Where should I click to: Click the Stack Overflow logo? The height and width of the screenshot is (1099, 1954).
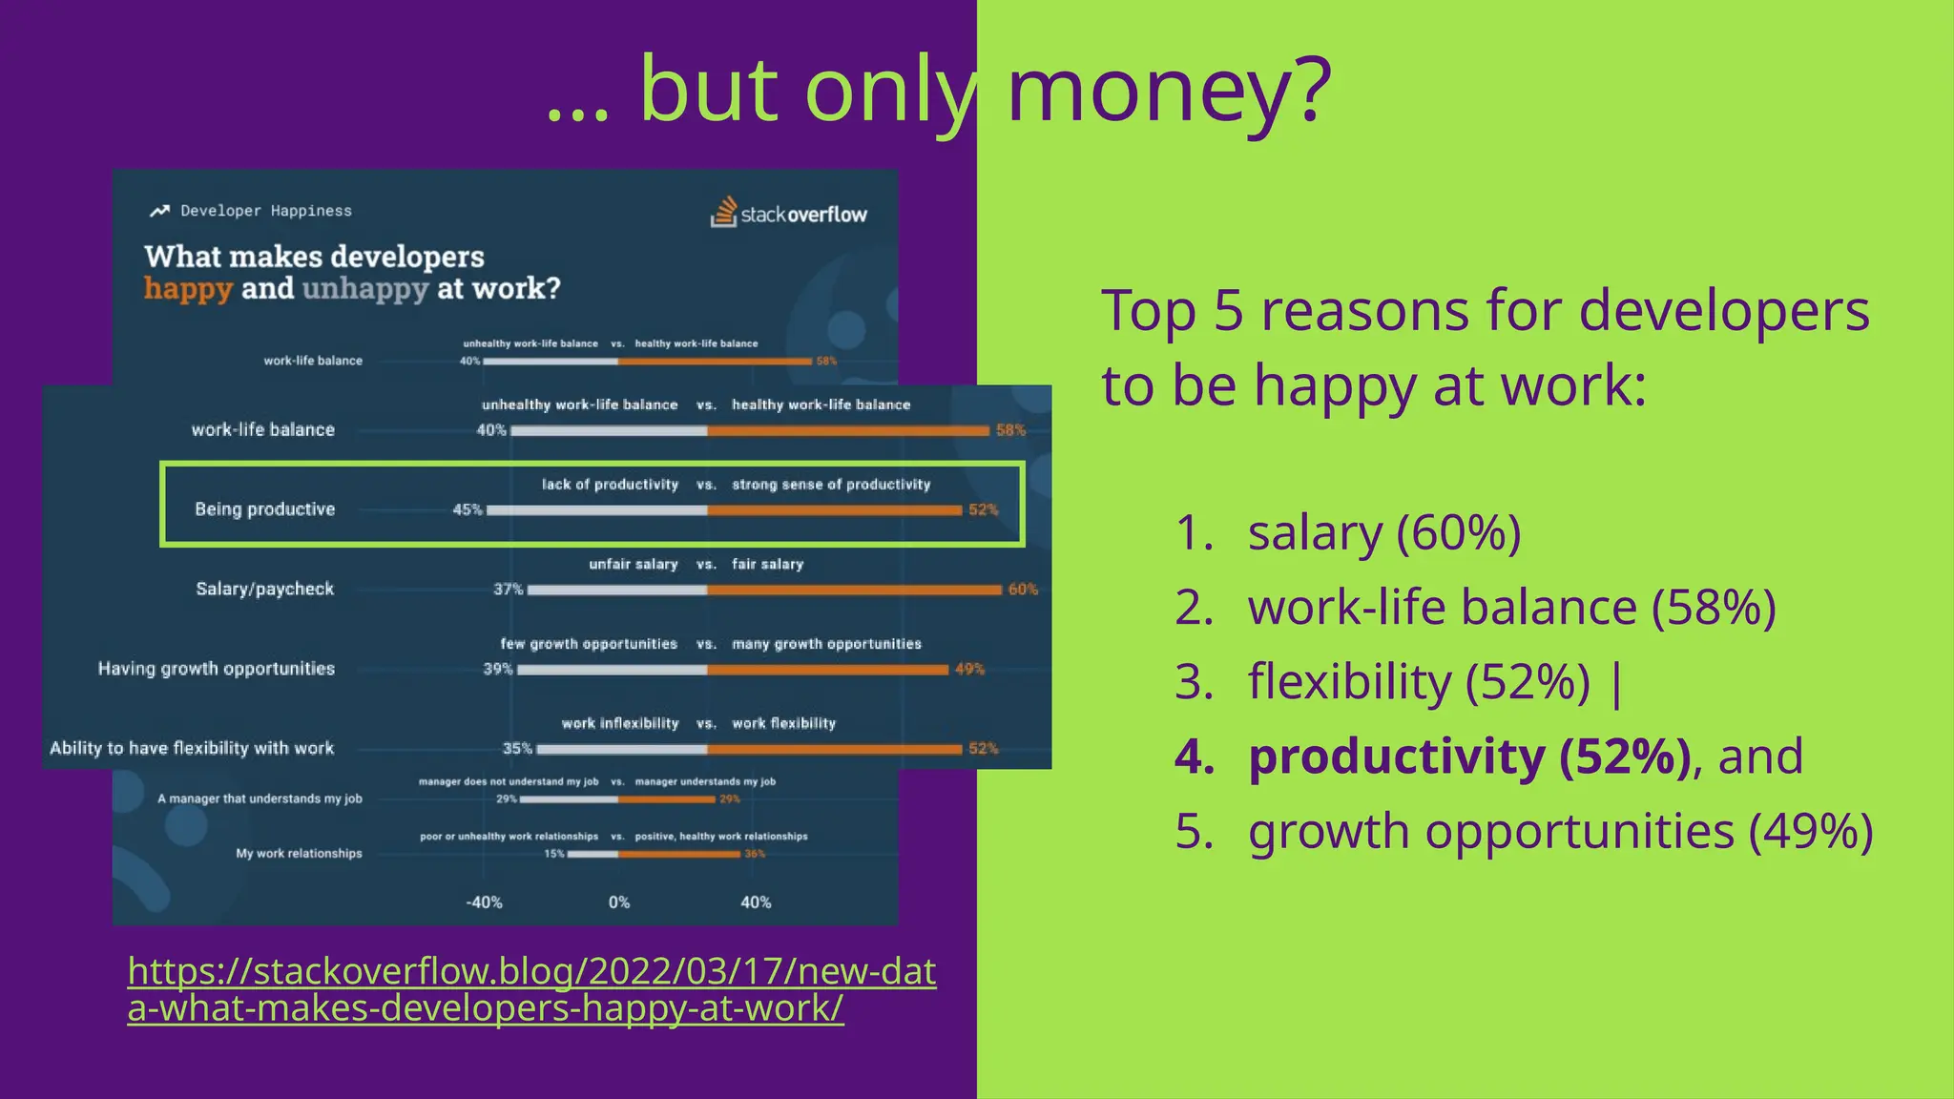click(789, 213)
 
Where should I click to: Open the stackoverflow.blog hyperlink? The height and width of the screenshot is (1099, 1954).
click(530, 989)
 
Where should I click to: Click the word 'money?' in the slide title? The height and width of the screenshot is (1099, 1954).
click(1169, 90)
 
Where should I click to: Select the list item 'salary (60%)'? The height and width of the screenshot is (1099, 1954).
click(1383, 532)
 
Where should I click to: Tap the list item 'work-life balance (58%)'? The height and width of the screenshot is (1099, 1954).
click(1511, 607)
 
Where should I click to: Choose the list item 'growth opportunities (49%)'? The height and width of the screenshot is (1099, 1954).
click(1560, 831)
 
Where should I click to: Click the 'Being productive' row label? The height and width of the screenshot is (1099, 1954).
click(265, 509)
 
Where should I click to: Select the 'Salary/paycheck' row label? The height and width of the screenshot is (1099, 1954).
click(265, 589)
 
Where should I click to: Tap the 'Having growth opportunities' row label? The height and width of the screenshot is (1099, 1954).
click(217, 669)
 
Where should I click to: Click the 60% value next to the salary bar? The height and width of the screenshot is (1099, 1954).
click(1023, 590)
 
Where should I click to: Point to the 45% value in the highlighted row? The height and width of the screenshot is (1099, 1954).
click(467, 510)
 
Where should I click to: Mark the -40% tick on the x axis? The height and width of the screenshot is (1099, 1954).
click(484, 902)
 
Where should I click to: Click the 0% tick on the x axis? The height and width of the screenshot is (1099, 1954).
click(619, 902)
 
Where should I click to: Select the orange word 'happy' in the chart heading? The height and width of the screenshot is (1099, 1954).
click(188, 289)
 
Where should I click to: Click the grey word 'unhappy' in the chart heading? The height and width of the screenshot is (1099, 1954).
click(364, 289)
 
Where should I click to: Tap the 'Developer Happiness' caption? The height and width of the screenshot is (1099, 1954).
click(265, 211)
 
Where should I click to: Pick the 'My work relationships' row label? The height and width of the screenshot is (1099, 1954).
click(299, 854)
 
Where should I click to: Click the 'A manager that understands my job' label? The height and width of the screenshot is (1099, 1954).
click(260, 799)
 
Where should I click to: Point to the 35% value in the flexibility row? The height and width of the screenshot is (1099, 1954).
click(517, 749)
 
